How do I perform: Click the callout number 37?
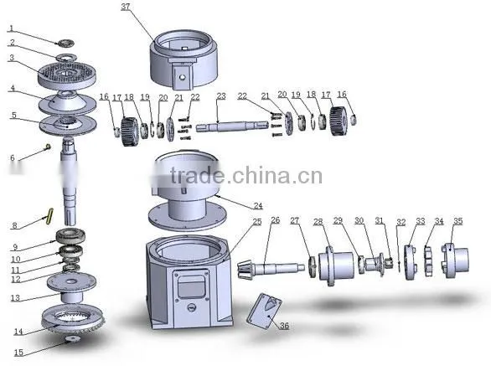125,7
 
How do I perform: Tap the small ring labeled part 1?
66,43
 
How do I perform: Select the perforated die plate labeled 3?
67,75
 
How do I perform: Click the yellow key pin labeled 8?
49,216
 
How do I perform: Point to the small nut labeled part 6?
48,147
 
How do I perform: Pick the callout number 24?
258,206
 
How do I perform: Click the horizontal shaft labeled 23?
232,126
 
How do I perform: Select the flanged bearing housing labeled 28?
336,265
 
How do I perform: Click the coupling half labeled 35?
456,260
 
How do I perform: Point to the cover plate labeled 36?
264,311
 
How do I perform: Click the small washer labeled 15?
73,338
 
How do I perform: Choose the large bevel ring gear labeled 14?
73,317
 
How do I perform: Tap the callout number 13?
15,298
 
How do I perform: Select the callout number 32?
401,222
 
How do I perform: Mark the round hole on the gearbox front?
192,307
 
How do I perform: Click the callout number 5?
13,115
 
